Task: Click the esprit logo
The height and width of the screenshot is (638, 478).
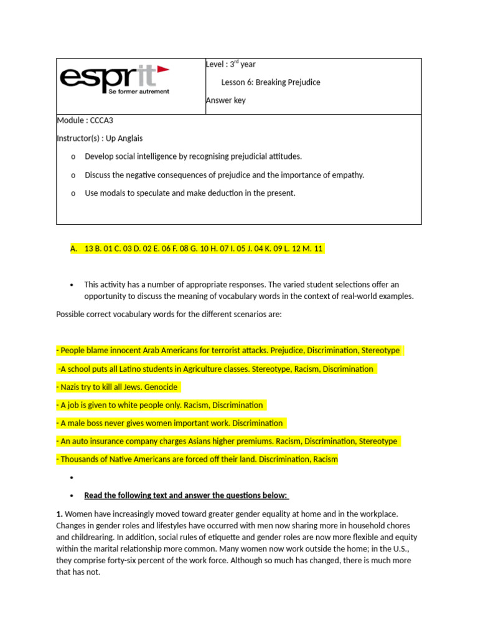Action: pyautogui.click(x=115, y=80)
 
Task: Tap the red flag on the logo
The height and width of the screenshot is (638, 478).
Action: pyautogui.click(x=163, y=68)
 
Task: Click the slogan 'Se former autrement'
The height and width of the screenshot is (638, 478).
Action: pyautogui.click(x=139, y=91)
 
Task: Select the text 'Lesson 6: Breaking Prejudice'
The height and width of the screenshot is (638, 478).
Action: pyautogui.click(x=271, y=82)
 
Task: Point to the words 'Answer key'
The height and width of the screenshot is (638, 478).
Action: pyautogui.click(x=225, y=100)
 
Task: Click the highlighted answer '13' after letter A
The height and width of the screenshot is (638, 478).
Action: pyautogui.click(x=88, y=249)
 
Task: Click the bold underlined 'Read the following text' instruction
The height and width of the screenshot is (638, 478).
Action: pyautogui.click(x=186, y=495)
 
